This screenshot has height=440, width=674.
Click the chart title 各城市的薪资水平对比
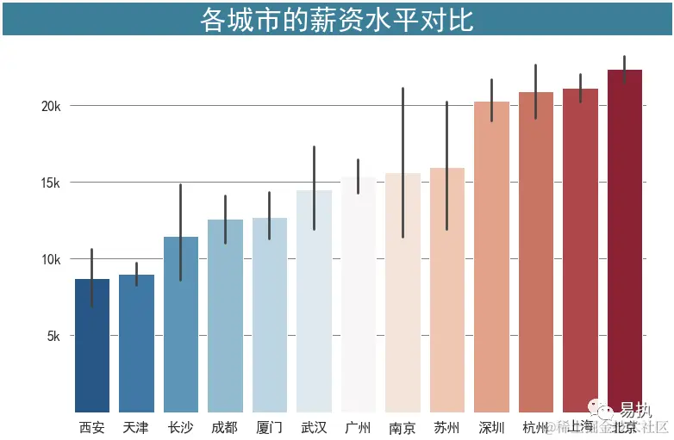point(337,20)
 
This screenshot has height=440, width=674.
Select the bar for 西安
point(92,345)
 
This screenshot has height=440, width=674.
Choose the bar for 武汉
point(314,301)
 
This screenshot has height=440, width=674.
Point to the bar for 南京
point(403,292)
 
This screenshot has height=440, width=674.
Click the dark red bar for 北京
point(625,240)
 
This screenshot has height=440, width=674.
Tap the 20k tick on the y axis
point(52,106)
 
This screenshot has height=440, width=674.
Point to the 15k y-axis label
point(52,183)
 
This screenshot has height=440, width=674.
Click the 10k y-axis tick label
point(52,259)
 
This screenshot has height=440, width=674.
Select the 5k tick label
point(54,336)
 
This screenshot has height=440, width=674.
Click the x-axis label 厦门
point(269,427)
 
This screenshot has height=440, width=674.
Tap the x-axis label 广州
point(358,427)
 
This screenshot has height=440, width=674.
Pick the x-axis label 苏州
point(446,427)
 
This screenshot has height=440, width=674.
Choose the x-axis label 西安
point(92,427)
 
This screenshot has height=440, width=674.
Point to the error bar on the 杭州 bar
point(535,91)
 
